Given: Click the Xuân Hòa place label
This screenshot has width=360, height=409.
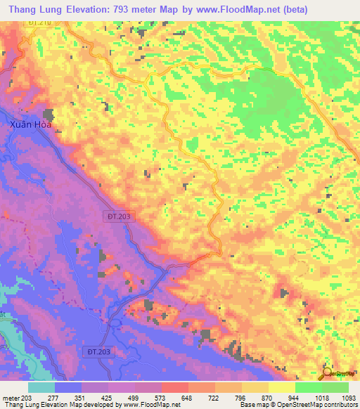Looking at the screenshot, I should (30, 124).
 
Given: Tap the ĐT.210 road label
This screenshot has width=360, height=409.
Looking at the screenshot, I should (41, 24).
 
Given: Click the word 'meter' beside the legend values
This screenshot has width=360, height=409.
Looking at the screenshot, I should (11, 398).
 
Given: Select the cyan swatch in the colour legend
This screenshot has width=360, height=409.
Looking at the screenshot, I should (41, 387).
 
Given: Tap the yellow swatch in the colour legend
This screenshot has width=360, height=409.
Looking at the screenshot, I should (282, 387).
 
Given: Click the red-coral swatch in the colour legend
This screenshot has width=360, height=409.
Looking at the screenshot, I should (175, 387).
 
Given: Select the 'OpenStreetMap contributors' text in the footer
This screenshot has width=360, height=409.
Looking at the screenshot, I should (317, 405).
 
